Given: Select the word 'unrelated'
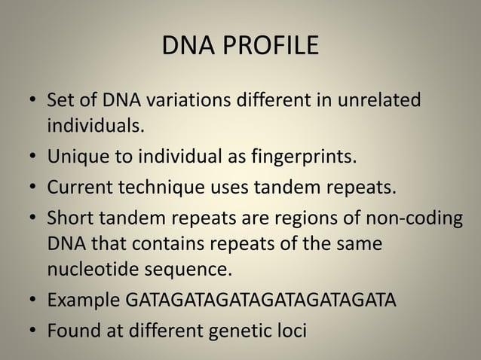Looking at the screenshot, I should (380, 100).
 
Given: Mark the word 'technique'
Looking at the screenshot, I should (154, 186).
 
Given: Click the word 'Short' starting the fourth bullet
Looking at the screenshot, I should (69, 218).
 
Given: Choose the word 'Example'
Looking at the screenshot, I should (82, 301).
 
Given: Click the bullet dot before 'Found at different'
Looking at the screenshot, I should (32, 330).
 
